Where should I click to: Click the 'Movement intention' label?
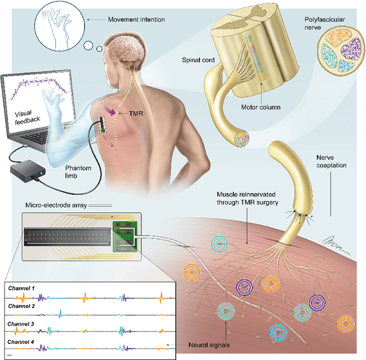(137, 20)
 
